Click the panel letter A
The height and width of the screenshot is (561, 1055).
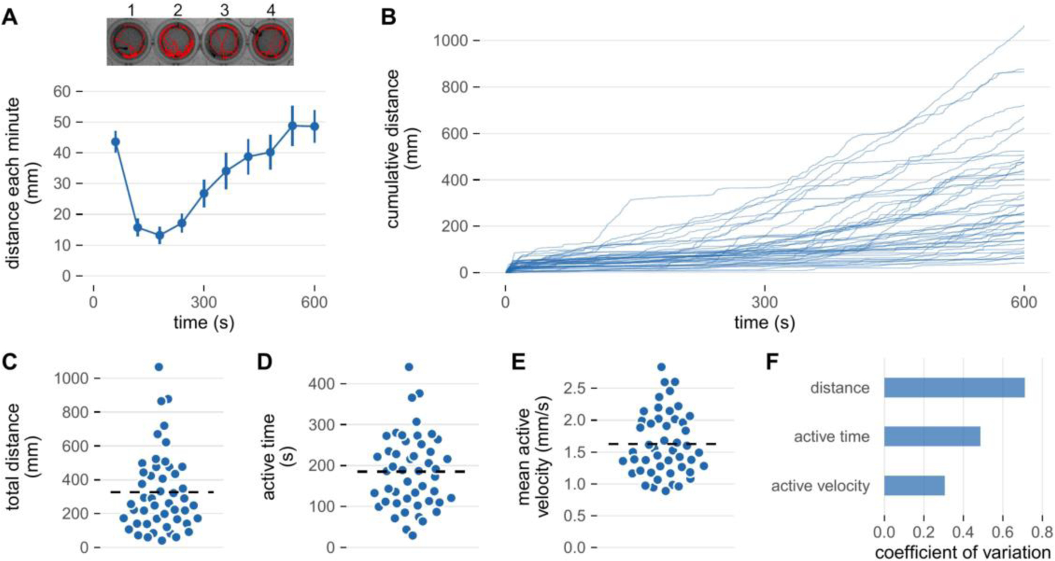point(10,18)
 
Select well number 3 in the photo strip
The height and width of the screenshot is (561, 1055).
point(223,42)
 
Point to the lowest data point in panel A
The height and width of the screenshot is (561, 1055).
point(159,235)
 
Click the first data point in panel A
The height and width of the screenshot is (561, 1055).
point(115,142)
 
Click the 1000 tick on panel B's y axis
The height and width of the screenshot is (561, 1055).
point(450,40)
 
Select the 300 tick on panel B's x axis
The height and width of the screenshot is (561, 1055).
point(765,302)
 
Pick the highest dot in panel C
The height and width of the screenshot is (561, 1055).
point(158,367)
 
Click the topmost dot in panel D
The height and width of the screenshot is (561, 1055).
point(409,367)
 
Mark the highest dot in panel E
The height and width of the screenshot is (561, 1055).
point(661,367)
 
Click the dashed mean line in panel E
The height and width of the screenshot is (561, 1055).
point(662,444)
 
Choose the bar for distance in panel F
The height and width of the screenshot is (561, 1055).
point(954,388)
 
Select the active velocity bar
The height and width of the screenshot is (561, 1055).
point(914,485)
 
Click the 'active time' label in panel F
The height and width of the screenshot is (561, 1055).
point(832,437)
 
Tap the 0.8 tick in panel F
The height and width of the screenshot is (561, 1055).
point(1042,533)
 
